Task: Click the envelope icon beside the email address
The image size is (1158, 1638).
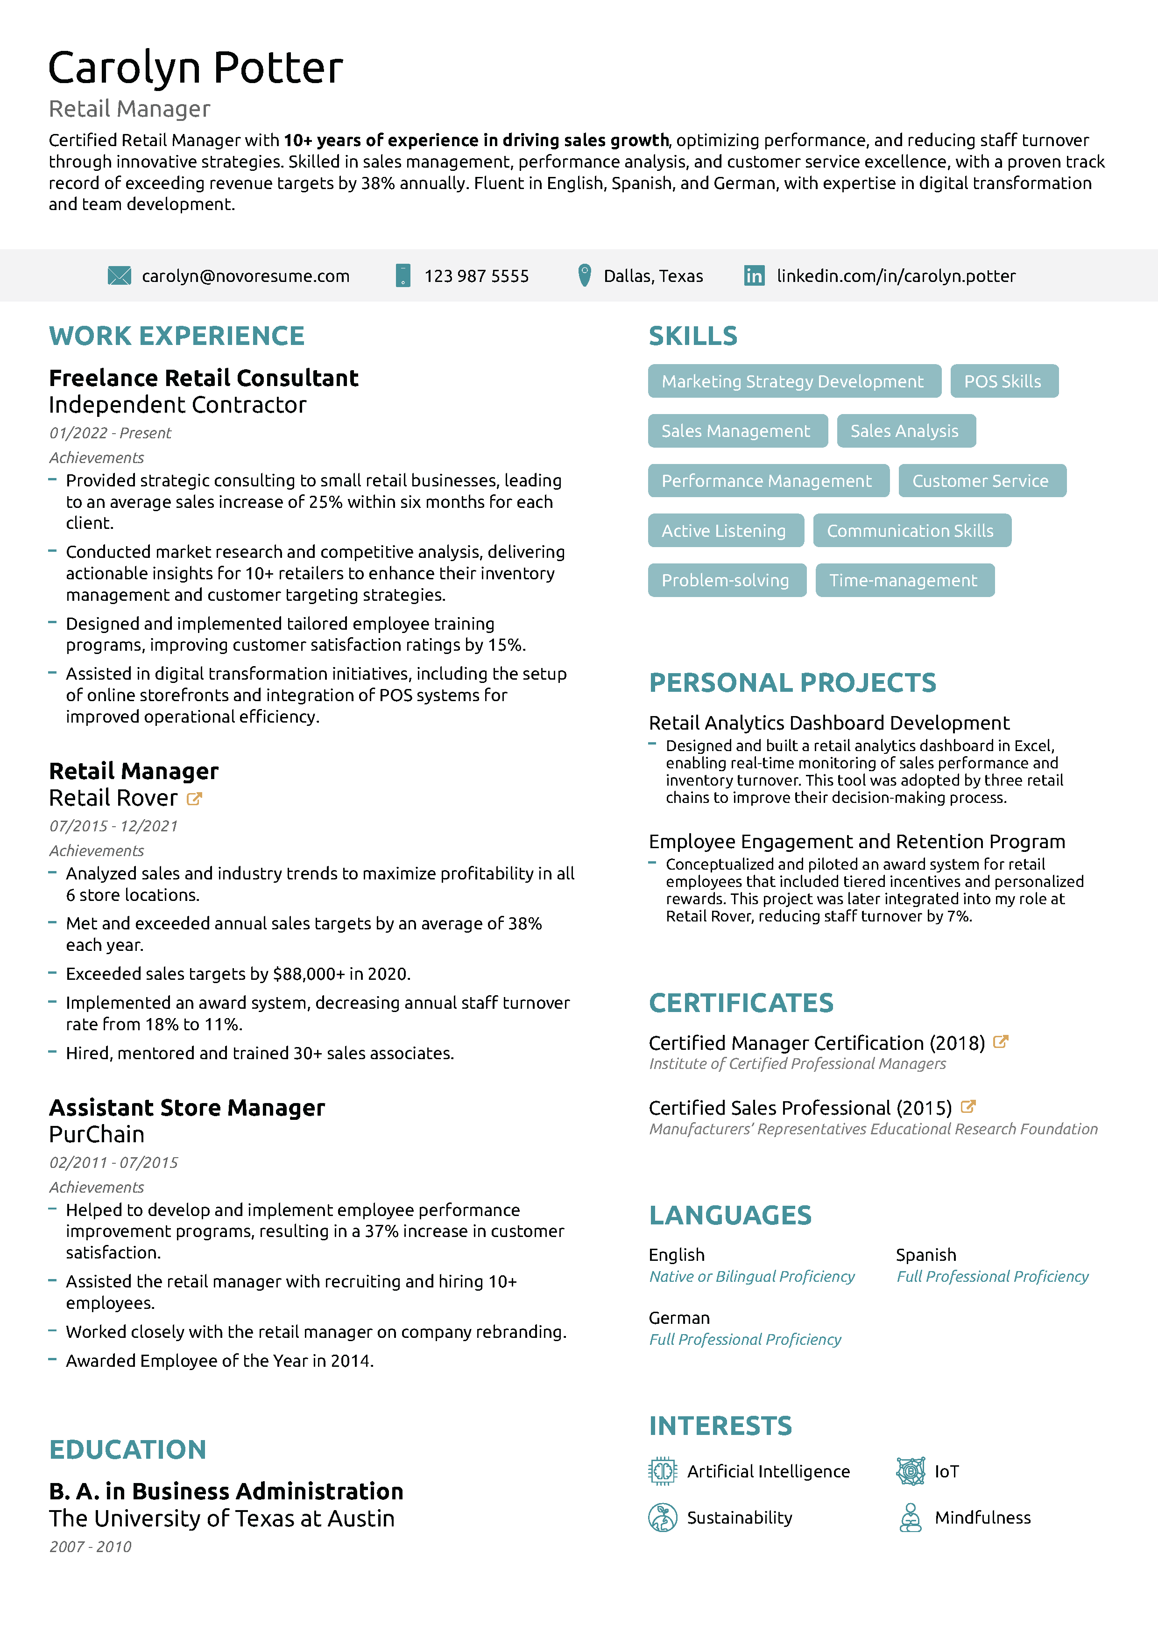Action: [x=119, y=275]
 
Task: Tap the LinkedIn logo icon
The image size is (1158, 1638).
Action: [x=754, y=275]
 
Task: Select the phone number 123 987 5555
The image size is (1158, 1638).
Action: [x=477, y=276]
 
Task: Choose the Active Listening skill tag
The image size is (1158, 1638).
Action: [x=724, y=531]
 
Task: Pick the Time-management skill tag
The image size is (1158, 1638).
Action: [x=903, y=581]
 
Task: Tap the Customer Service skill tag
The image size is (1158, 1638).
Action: [x=981, y=481]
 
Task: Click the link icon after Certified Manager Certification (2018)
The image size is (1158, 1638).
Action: [x=1001, y=1041]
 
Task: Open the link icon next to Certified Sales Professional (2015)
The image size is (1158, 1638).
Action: [x=968, y=1106]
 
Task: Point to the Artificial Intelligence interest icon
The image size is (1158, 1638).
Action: [x=662, y=1471]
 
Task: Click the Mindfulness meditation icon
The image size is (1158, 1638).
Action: [x=911, y=1518]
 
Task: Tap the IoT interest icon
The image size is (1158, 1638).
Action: [x=911, y=1471]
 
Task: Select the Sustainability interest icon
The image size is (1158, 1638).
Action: [x=662, y=1518]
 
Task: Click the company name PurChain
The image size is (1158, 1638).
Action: [x=96, y=1134]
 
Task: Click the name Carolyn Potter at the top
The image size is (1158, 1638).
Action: [x=196, y=68]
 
